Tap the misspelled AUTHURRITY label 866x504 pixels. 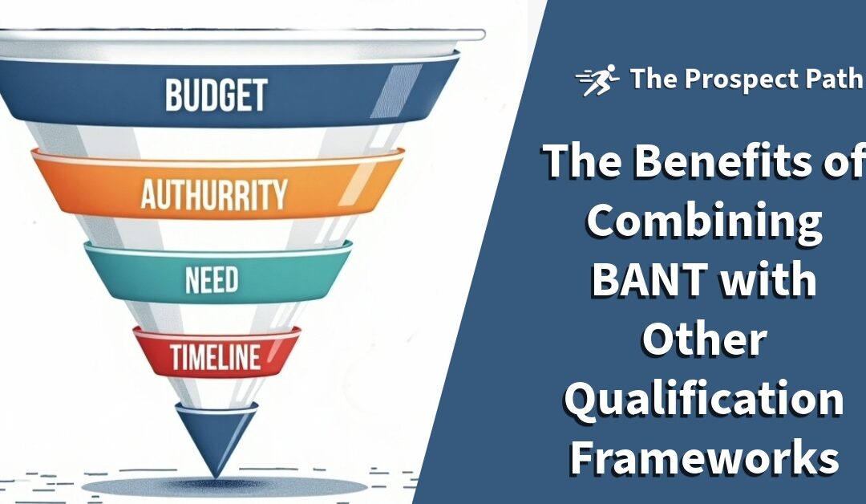[214, 193]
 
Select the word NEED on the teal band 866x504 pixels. [212, 280]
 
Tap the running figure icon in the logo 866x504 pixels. [598, 80]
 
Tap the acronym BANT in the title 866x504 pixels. [641, 280]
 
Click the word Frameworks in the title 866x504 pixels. [704, 459]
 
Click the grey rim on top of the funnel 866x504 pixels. [241, 35]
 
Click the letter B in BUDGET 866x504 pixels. [174, 94]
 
